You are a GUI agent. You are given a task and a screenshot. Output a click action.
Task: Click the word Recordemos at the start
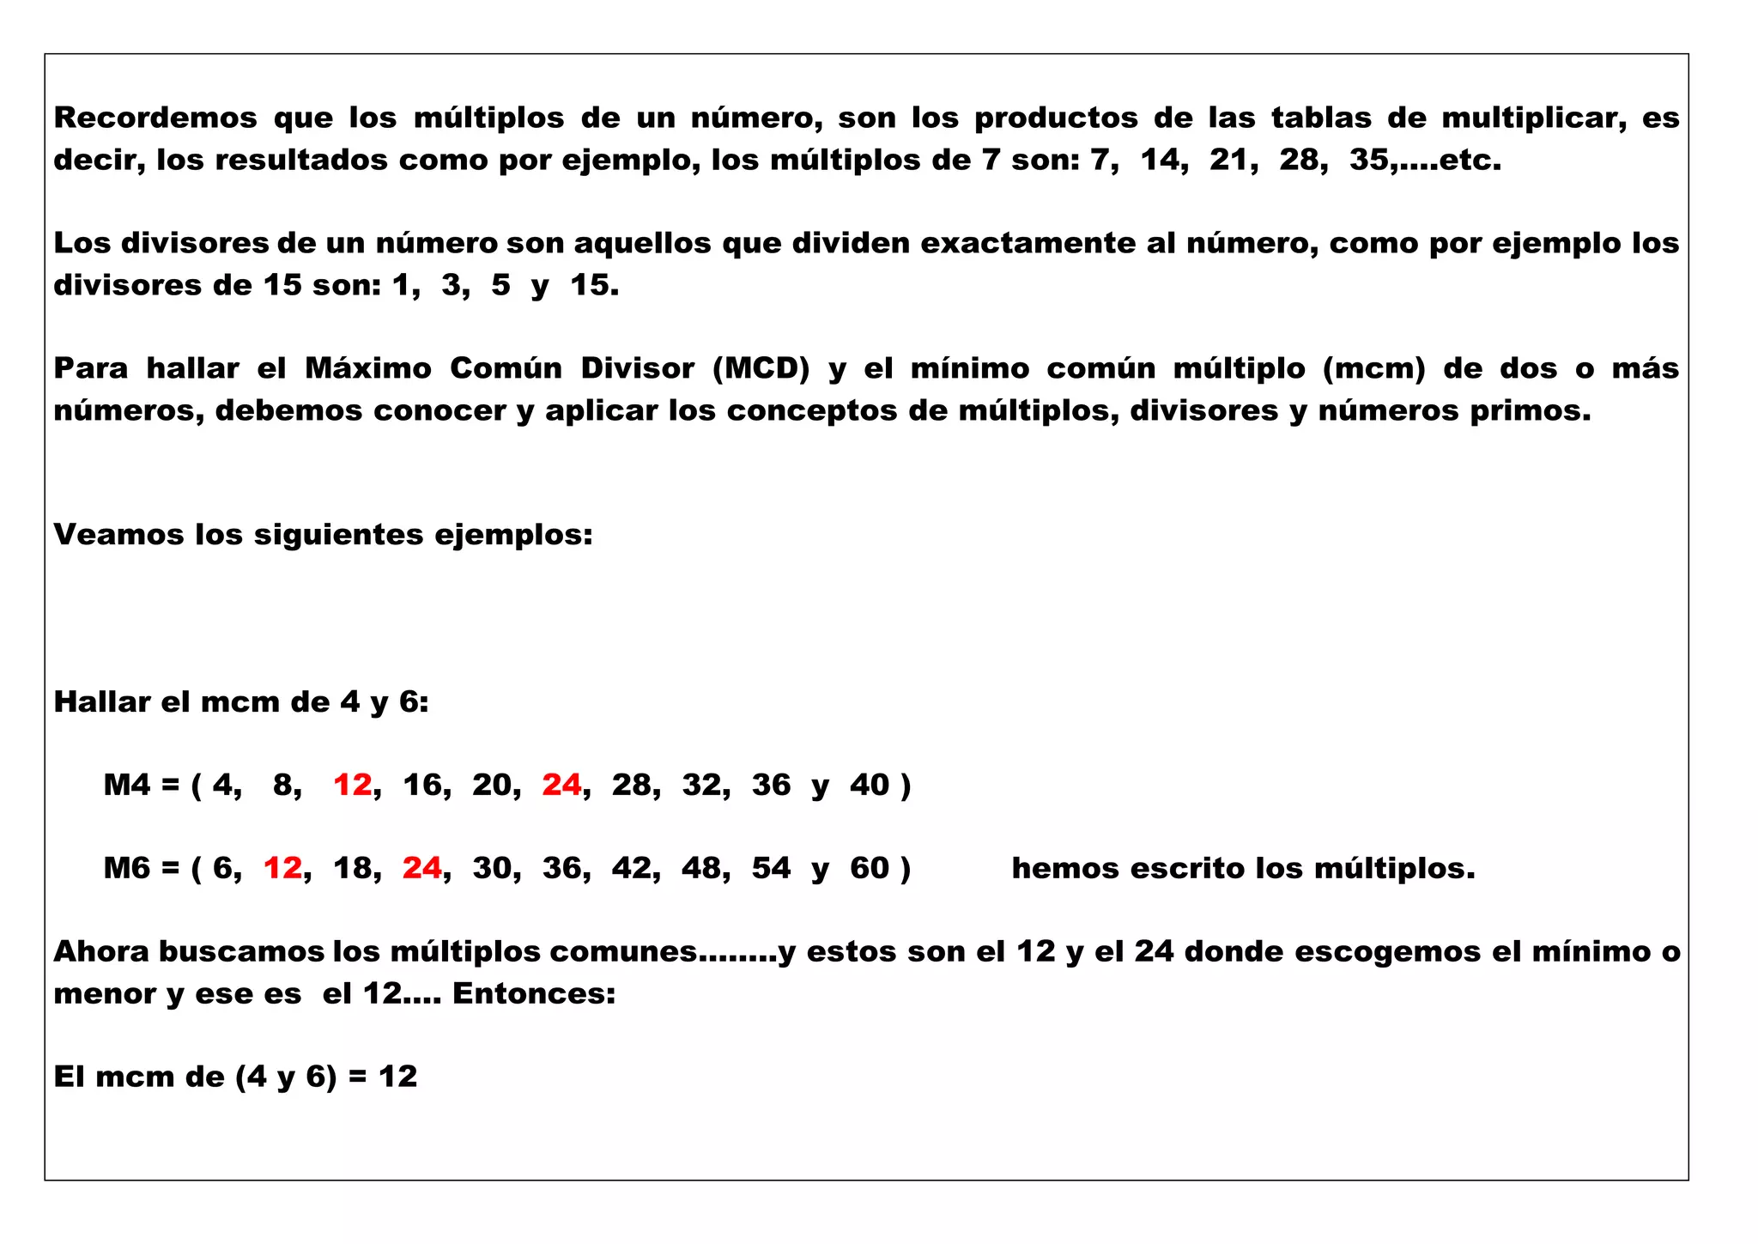pyautogui.click(x=155, y=118)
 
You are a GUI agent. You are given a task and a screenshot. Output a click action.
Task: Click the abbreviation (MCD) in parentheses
pyautogui.click(x=761, y=368)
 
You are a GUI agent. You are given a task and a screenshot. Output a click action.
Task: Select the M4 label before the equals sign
pyautogui.click(x=127, y=785)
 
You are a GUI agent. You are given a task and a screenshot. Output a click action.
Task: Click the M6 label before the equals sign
pyautogui.click(x=127, y=868)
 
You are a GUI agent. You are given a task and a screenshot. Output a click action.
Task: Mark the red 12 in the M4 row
pyautogui.click(x=352, y=785)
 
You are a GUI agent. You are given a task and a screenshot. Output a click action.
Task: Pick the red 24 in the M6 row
pyautogui.click(x=421, y=868)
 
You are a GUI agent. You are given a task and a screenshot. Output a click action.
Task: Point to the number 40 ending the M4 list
pyautogui.click(x=869, y=785)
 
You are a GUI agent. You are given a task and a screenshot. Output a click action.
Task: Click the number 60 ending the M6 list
pyautogui.click(x=869, y=868)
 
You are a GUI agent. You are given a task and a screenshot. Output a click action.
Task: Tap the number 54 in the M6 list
pyautogui.click(x=771, y=868)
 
